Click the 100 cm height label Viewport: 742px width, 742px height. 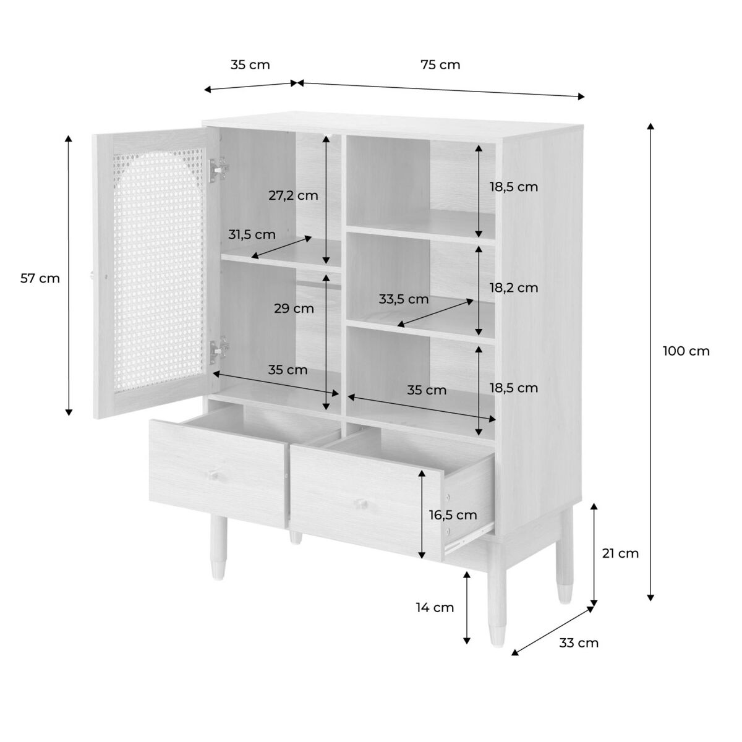coord(686,351)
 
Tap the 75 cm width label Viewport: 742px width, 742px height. coord(440,65)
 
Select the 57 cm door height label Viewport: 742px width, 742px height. coord(40,278)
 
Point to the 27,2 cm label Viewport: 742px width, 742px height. coord(293,195)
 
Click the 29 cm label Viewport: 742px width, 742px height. coord(294,309)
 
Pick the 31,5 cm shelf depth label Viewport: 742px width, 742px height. coord(252,234)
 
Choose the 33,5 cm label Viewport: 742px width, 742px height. coord(404,299)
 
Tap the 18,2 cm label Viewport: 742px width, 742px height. coord(514,288)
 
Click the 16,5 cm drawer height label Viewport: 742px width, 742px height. coord(453,515)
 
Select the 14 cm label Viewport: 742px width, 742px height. coord(435,608)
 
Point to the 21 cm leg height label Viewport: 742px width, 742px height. coord(620,553)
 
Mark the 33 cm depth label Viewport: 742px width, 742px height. coord(579,643)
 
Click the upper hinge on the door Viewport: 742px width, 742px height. coord(218,170)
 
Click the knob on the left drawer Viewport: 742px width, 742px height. coord(213,474)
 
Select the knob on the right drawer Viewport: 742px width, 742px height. coord(360,504)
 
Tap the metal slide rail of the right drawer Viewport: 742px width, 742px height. coord(469,535)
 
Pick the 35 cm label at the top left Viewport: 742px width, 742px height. coord(250,65)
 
